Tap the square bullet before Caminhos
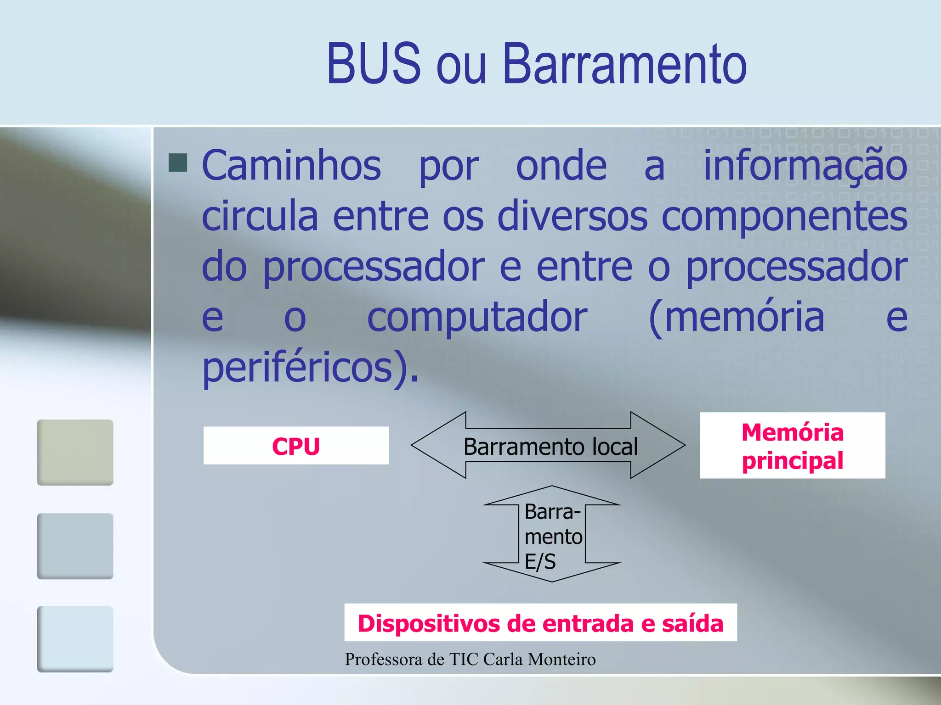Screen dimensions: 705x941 [x=178, y=162]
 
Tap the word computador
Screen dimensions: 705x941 [x=477, y=318]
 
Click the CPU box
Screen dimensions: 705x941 [x=296, y=446]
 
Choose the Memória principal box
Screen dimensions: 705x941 [x=792, y=446]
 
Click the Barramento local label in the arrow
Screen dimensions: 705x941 [x=550, y=447]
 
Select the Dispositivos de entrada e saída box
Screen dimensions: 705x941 [x=540, y=623]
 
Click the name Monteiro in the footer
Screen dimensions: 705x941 [x=561, y=659]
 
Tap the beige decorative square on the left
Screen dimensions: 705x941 [x=75, y=452]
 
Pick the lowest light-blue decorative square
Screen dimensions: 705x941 [x=75, y=639]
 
